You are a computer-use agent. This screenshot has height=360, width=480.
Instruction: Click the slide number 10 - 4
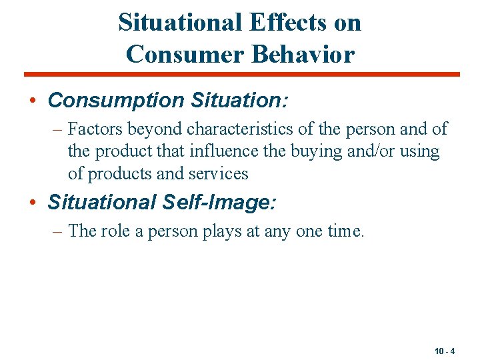tap(444, 351)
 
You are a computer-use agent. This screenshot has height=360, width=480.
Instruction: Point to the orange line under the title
tap(242, 74)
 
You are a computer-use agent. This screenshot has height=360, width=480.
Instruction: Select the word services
tap(220, 174)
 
